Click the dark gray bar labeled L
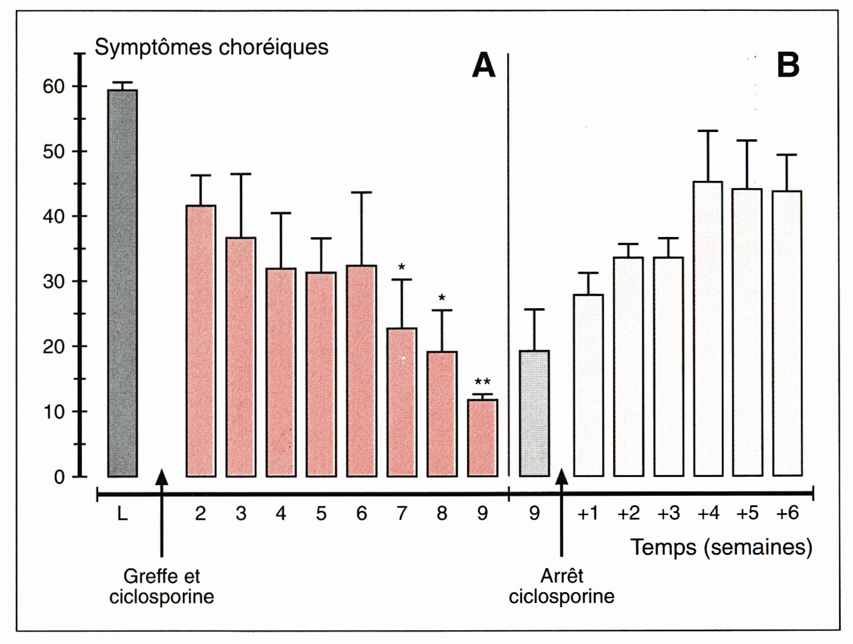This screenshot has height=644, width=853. click(x=123, y=283)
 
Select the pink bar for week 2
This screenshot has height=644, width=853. click(x=201, y=341)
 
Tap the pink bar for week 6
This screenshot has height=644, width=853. click(x=362, y=371)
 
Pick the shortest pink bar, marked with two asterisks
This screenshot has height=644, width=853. click(x=482, y=438)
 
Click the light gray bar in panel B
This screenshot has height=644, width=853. click(x=534, y=414)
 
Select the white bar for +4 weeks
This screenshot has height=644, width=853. click(x=708, y=329)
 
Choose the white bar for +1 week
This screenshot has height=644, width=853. click(x=588, y=385)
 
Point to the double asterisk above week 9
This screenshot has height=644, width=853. click(x=482, y=382)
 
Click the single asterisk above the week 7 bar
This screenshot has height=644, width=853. click(x=401, y=267)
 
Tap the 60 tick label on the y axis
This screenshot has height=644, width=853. click(x=53, y=87)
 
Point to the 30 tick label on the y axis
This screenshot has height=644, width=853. click(x=53, y=282)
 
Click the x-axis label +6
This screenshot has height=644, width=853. click(x=787, y=513)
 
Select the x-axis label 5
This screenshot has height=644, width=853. click(x=321, y=514)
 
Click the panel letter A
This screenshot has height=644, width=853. click(x=484, y=65)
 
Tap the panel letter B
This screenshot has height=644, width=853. click(x=788, y=65)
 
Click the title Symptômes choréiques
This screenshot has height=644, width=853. click(x=211, y=47)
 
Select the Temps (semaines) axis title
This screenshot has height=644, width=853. click(x=721, y=547)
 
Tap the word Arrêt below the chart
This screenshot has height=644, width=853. click(x=561, y=576)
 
